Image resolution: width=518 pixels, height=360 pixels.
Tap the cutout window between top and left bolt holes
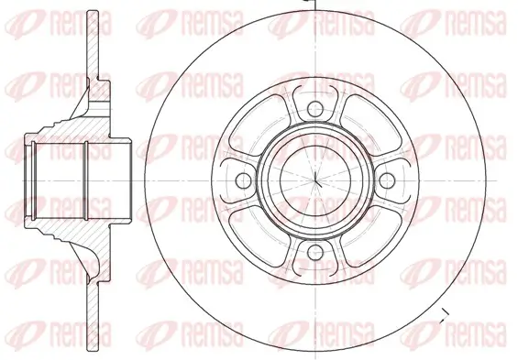267,128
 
